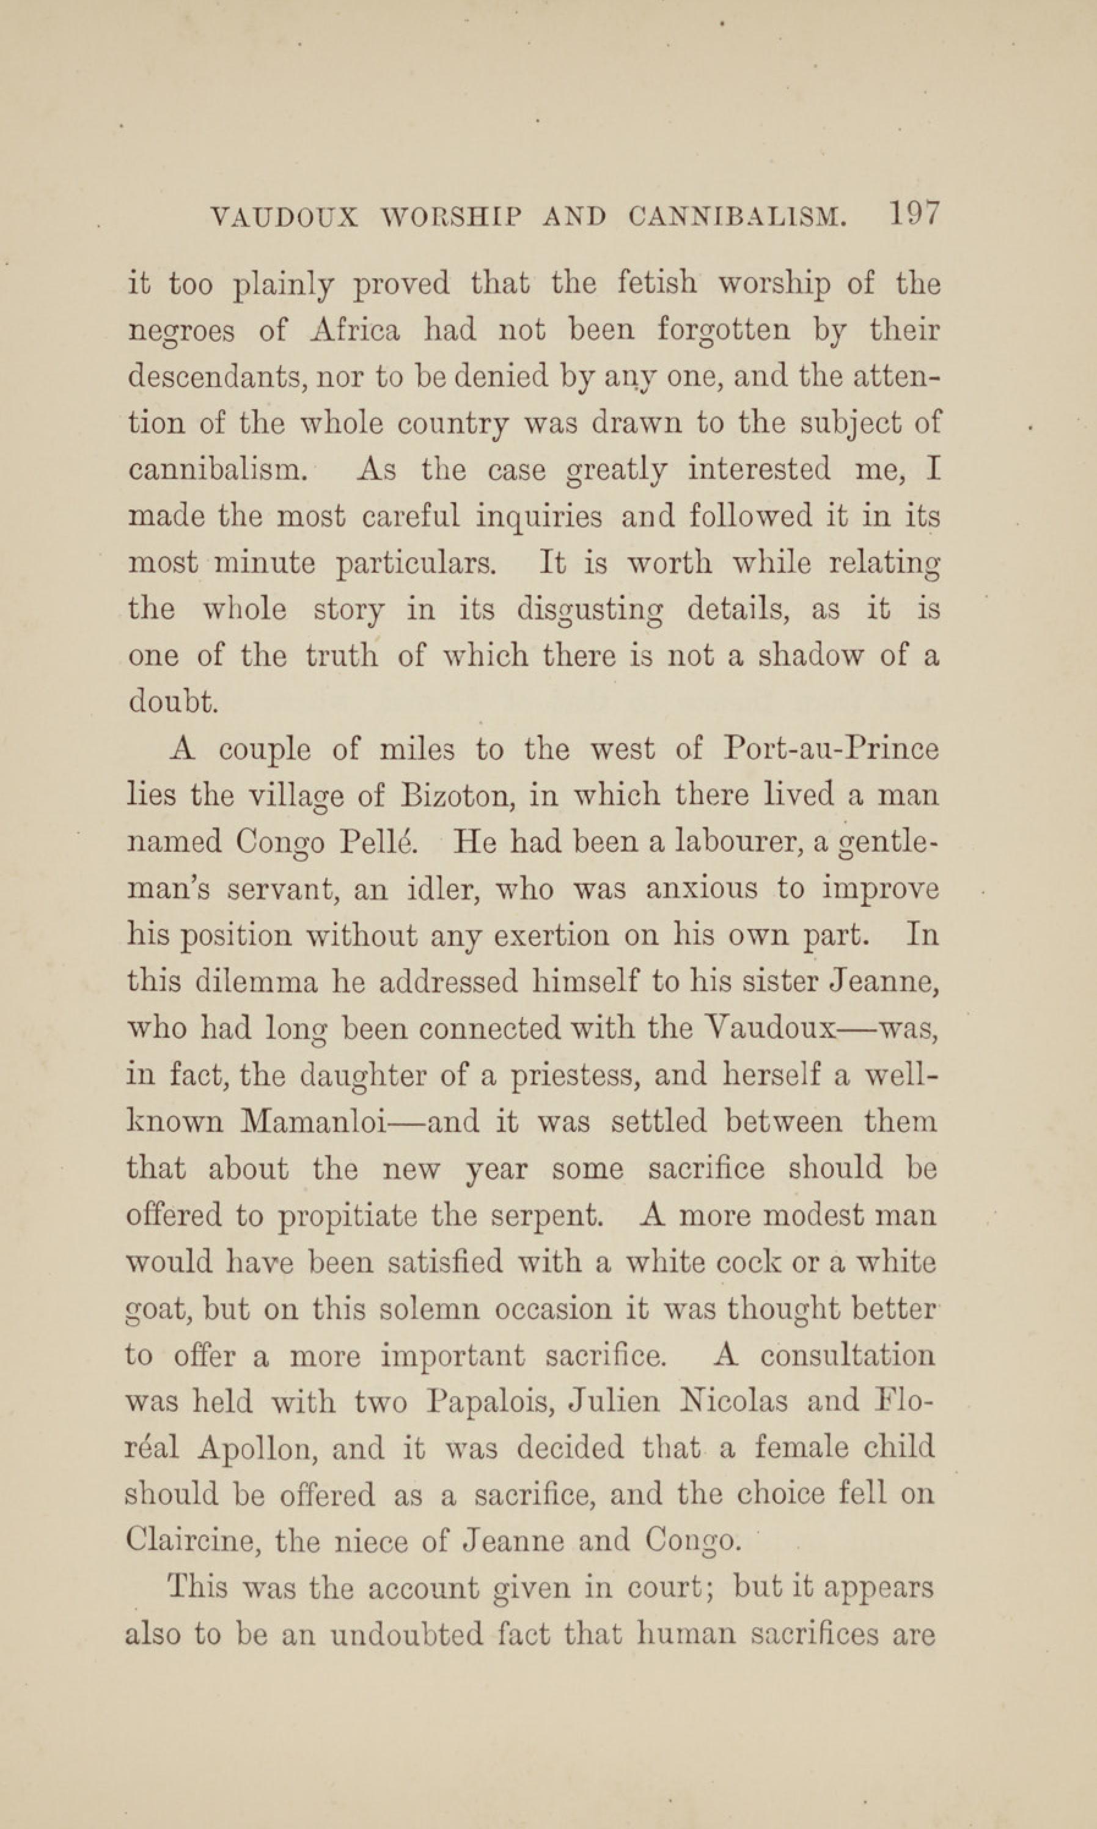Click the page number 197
pos(914,215)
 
